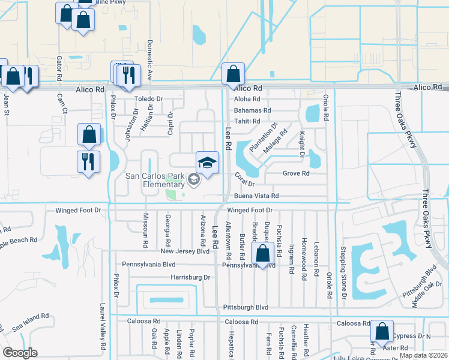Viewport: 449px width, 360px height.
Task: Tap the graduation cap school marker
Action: [x=207, y=163]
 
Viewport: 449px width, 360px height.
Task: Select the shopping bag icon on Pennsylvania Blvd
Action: [x=263, y=254]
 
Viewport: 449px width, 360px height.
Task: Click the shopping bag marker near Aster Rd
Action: [x=382, y=331]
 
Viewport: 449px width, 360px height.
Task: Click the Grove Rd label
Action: [x=296, y=173]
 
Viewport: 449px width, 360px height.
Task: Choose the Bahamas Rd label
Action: [x=252, y=110]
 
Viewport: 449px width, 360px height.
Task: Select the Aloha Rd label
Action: [x=247, y=99]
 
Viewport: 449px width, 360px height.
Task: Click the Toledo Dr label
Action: [x=148, y=98]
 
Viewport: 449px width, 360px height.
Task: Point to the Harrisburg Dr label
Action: [x=190, y=277]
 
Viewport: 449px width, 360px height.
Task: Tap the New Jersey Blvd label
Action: [x=185, y=251]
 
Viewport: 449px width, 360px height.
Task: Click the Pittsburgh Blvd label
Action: [x=245, y=307]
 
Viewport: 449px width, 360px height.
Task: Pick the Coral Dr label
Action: [x=245, y=179]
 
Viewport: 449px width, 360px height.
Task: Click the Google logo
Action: [x=20, y=353]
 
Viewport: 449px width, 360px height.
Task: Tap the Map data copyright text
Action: [x=423, y=355]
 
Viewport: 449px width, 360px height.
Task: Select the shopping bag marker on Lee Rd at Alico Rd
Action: [x=233, y=75]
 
